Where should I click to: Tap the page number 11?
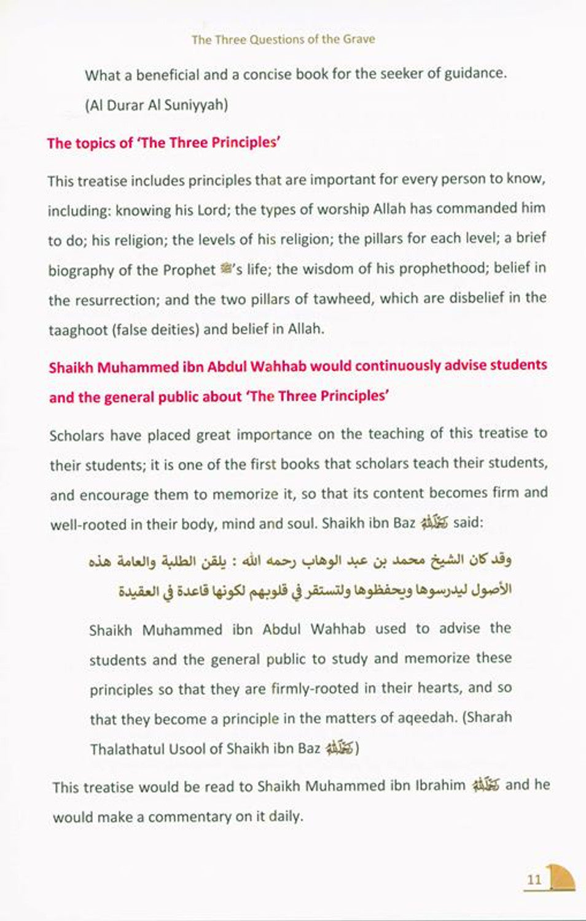click(534, 879)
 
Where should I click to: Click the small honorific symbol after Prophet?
click(225, 269)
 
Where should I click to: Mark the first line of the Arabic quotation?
click(300, 561)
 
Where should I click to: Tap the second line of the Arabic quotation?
click(314, 591)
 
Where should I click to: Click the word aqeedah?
click(424, 718)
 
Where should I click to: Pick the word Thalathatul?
click(128, 749)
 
